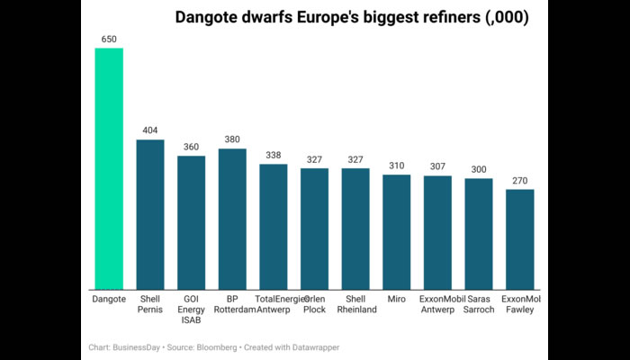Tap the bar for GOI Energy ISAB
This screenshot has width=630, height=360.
click(191, 222)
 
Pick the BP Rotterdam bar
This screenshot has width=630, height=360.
click(232, 219)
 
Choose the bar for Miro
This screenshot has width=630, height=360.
click(397, 231)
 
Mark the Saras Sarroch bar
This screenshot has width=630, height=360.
click(479, 233)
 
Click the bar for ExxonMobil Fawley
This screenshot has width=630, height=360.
click(520, 238)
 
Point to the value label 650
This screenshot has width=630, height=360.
click(109, 39)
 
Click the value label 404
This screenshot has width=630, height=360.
click(150, 130)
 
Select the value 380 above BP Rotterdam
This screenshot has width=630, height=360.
click(232, 139)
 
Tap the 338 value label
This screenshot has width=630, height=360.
click(274, 155)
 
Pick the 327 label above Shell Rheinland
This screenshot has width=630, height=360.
click(355, 159)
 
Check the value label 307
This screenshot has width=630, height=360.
click(437, 166)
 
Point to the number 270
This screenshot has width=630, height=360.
click(520, 180)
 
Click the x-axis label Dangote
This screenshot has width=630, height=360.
click(109, 298)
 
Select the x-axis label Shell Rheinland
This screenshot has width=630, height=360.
click(355, 303)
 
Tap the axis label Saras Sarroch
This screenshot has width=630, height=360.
click(479, 303)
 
